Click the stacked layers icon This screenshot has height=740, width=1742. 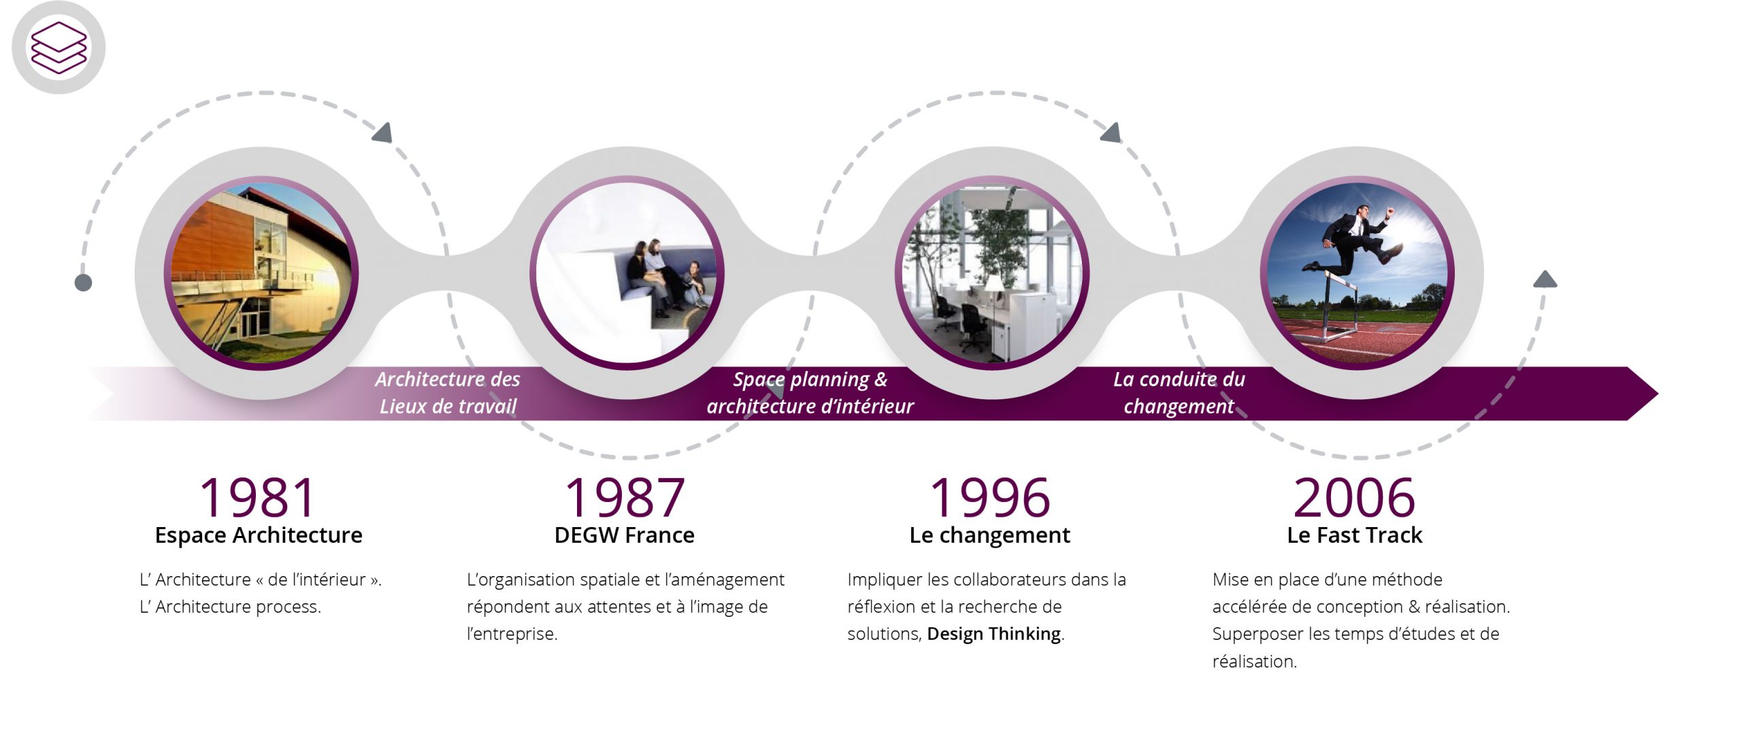(59, 47)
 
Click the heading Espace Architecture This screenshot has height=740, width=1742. (259, 535)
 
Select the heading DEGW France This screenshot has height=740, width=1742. (625, 535)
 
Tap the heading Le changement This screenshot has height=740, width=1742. (990, 535)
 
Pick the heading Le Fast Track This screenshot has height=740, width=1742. (1355, 535)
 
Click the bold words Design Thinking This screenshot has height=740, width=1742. (994, 634)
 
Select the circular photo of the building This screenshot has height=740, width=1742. (261, 273)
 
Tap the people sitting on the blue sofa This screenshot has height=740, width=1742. (667, 275)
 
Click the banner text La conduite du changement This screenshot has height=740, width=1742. (1179, 392)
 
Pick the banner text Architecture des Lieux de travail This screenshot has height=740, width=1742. (448, 392)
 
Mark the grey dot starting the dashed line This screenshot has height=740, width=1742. (83, 282)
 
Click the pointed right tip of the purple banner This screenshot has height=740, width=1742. (1658, 393)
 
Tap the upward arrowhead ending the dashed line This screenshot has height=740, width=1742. (1545, 279)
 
